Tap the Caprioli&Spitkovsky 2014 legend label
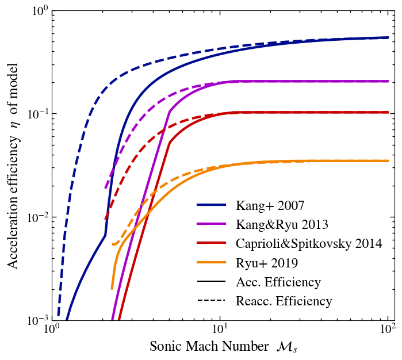(309, 243)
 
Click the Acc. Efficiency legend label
(278, 282)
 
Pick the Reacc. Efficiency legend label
(284, 301)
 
